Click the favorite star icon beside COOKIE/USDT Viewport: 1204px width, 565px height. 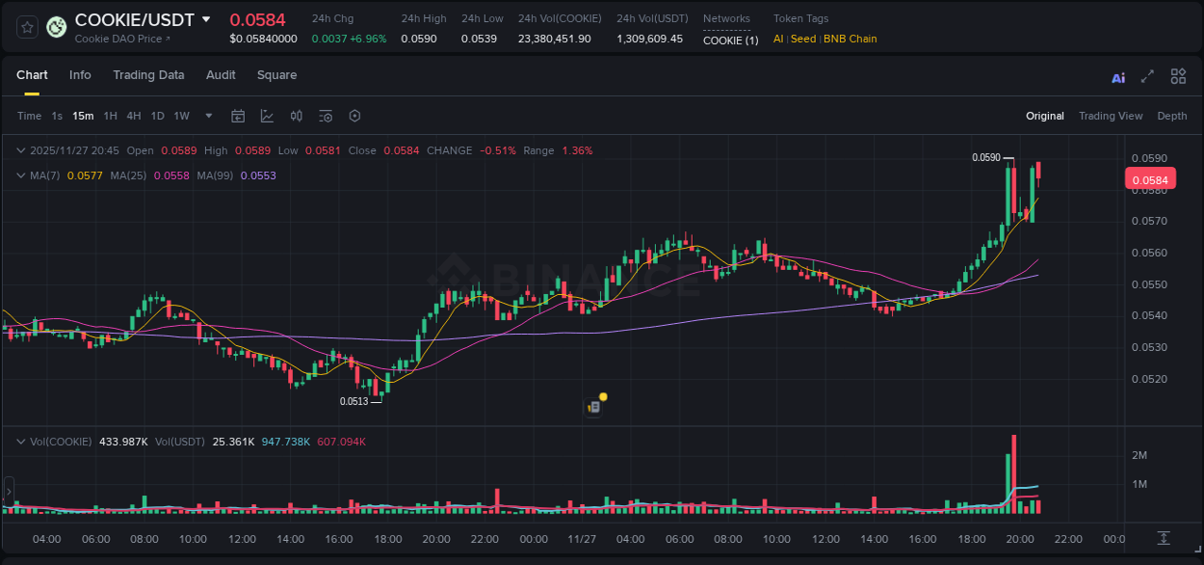tap(27, 27)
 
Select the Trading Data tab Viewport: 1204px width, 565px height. tap(148, 75)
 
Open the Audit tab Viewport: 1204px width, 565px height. tap(221, 75)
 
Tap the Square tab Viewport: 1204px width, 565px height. tap(276, 75)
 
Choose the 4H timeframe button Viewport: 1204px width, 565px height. tap(134, 116)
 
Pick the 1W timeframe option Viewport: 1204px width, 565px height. tap(181, 116)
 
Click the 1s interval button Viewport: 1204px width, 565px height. tap(57, 116)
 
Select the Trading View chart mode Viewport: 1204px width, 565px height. tap(1111, 116)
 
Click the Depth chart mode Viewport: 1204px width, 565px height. tap(1172, 116)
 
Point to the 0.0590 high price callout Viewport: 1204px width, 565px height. tap(985, 157)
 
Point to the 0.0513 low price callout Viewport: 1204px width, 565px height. tap(353, 401)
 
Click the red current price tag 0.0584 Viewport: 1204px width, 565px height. tap(1149, 179)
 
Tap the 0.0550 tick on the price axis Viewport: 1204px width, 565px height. tap(1148, 284)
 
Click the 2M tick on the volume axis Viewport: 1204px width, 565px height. tap(1139, 455)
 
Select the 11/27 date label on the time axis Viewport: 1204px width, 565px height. tap(582, 539)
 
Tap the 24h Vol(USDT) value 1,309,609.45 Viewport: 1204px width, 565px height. tap(649, 40)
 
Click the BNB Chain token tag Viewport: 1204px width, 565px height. tap(850, 40)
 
